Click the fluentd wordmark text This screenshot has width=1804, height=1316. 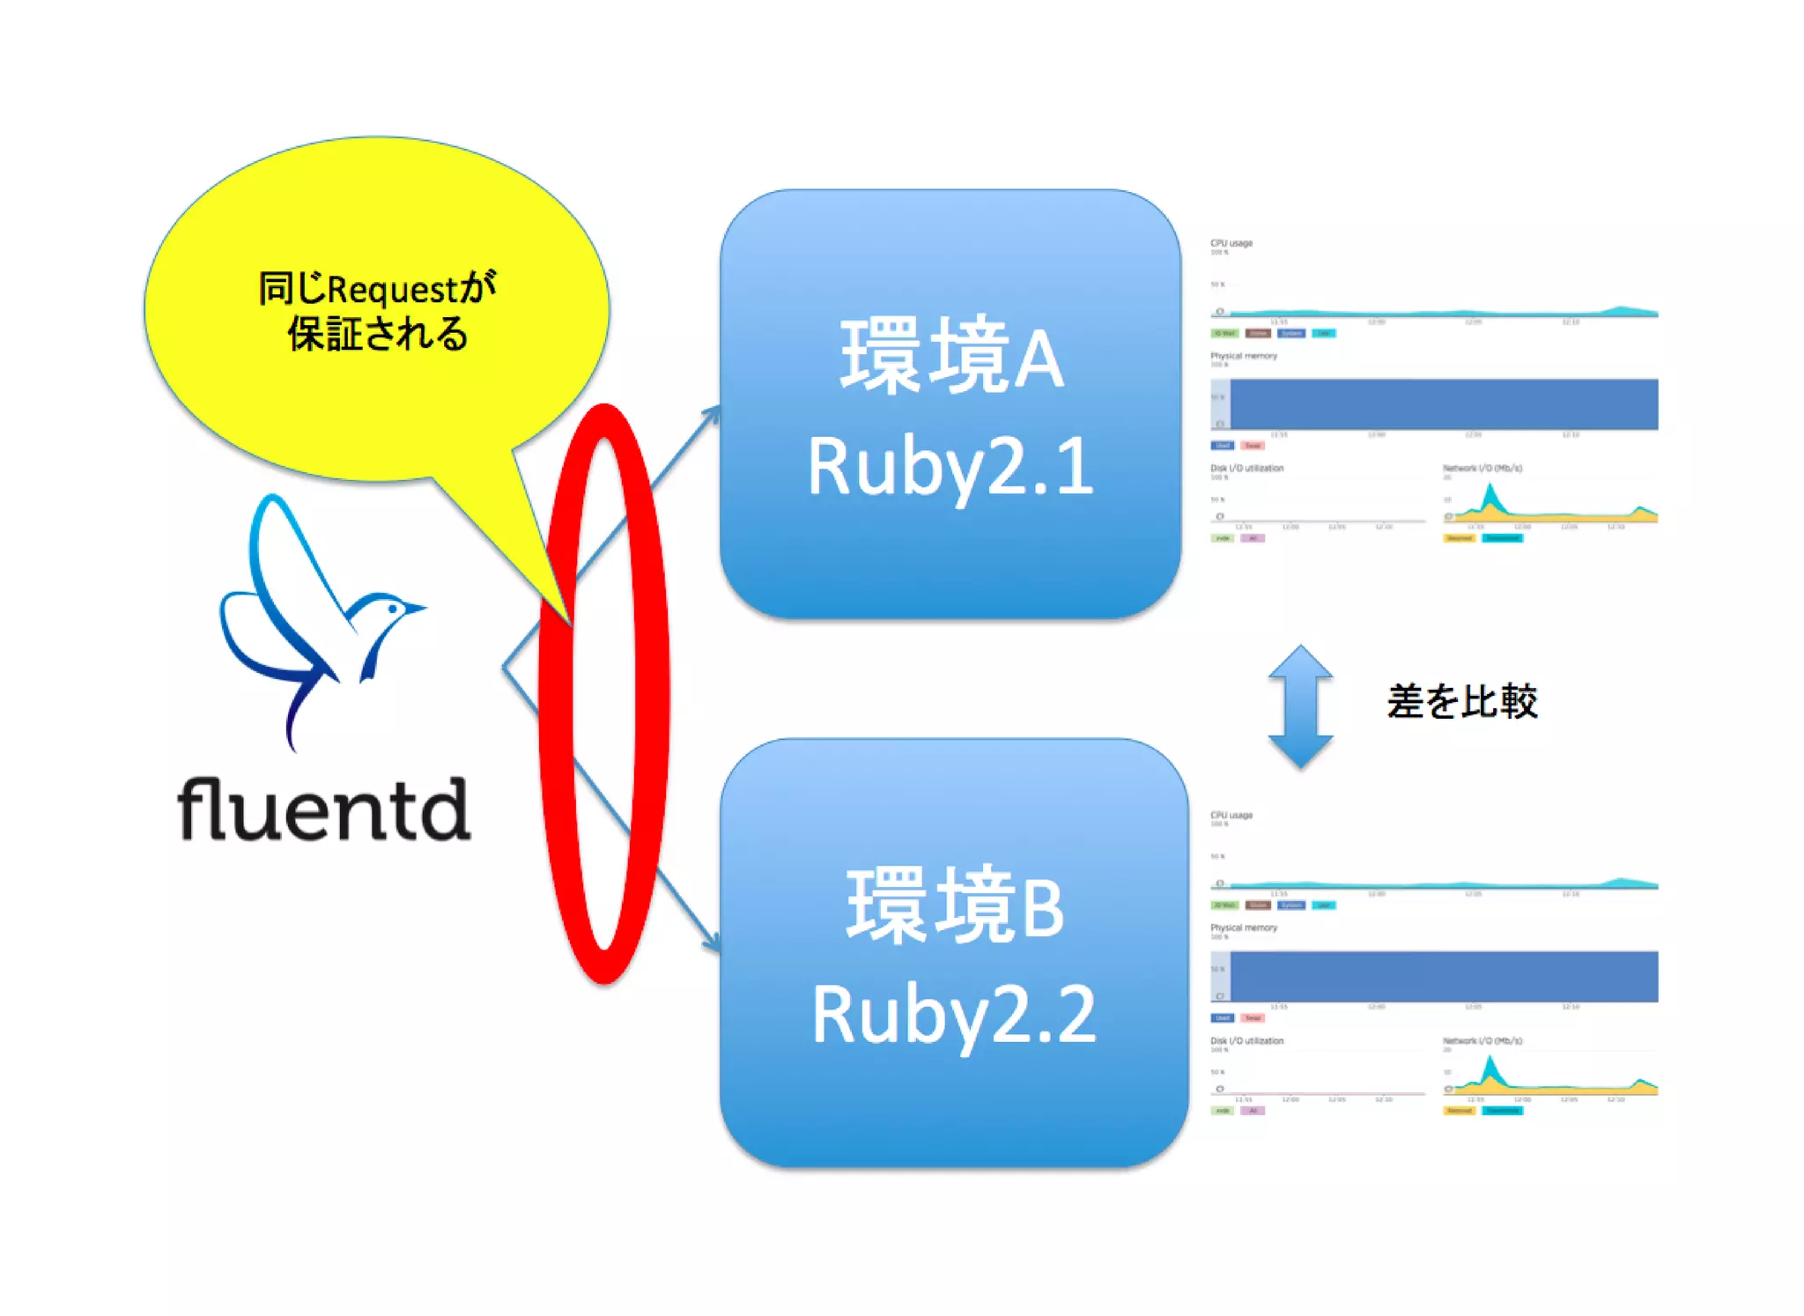tap(323, 809)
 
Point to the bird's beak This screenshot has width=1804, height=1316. tap(418, 607)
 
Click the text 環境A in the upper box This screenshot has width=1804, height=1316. tap(951, 357)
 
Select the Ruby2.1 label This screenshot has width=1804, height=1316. tap(950, 467)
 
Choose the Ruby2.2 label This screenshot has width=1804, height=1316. tap(954, 1015)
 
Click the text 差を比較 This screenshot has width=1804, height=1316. tap(1462, 701)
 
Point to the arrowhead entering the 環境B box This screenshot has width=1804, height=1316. tap(712, 944)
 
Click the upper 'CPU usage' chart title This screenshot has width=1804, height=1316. tap(1231, 243)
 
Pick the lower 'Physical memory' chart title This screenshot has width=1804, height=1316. tap(1243, 928)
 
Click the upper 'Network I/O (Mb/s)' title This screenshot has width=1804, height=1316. tap(1482, 468)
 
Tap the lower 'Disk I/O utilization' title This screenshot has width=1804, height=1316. tap(1246, 1040)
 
